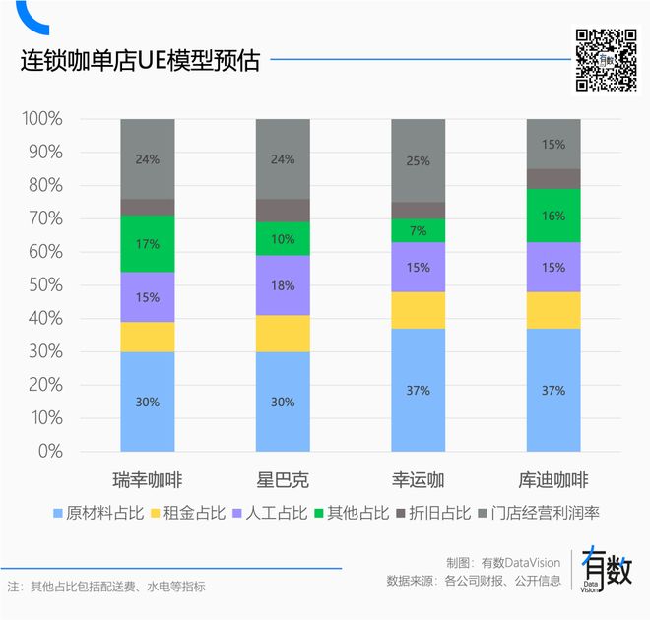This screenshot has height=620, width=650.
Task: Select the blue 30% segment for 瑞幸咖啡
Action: click(x=148, y=402)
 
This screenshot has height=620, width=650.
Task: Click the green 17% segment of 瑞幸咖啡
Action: click(x=148, y=244)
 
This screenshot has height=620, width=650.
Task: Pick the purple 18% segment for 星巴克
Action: click(x=283, y=285)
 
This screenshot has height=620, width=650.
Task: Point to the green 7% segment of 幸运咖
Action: click(x=418, y=230)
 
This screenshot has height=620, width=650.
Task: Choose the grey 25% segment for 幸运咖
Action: click(x=418, y=160)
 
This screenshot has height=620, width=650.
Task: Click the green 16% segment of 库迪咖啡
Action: click(x=552, y=216)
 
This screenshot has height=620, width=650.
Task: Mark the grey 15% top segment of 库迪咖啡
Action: click(x=552, y=144)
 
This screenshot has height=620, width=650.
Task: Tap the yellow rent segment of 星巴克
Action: click(x=283, y=334)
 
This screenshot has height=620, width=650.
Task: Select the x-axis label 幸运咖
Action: click(x=418, y=481)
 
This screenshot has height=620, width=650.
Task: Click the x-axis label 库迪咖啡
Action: click(x=552, y=481)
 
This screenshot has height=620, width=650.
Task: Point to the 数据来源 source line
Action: click(x=474, y=581)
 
